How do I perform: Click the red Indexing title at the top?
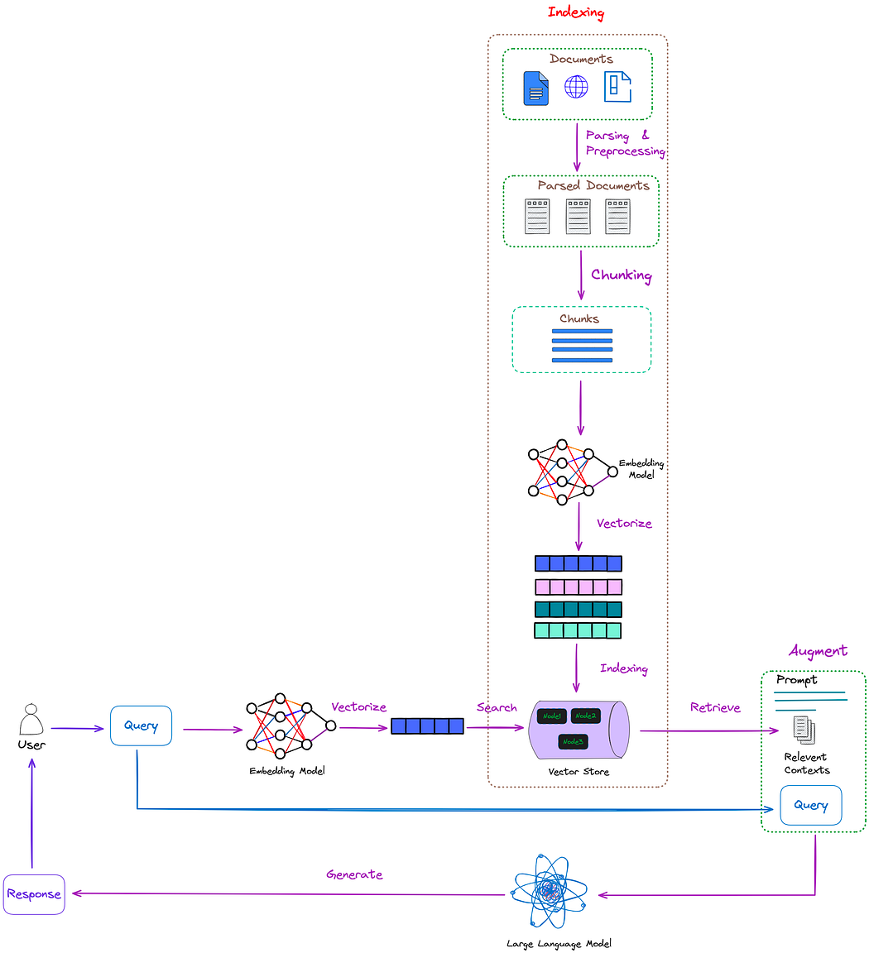576,12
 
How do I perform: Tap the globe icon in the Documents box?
576,87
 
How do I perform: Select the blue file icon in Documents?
536,89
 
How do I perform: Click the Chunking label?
621,275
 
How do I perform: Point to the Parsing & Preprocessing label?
625,143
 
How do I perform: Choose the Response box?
34,894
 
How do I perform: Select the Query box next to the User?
141,726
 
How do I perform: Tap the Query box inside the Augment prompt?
810,805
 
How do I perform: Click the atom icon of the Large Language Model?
549,892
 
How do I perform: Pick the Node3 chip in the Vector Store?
573,742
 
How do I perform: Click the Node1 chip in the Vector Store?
551,716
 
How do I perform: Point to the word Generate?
354,874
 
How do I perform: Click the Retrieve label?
715,707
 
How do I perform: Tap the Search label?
497,707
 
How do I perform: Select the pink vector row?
578,587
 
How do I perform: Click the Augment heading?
818,651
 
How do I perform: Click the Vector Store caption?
579,772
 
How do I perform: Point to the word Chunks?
579,318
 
